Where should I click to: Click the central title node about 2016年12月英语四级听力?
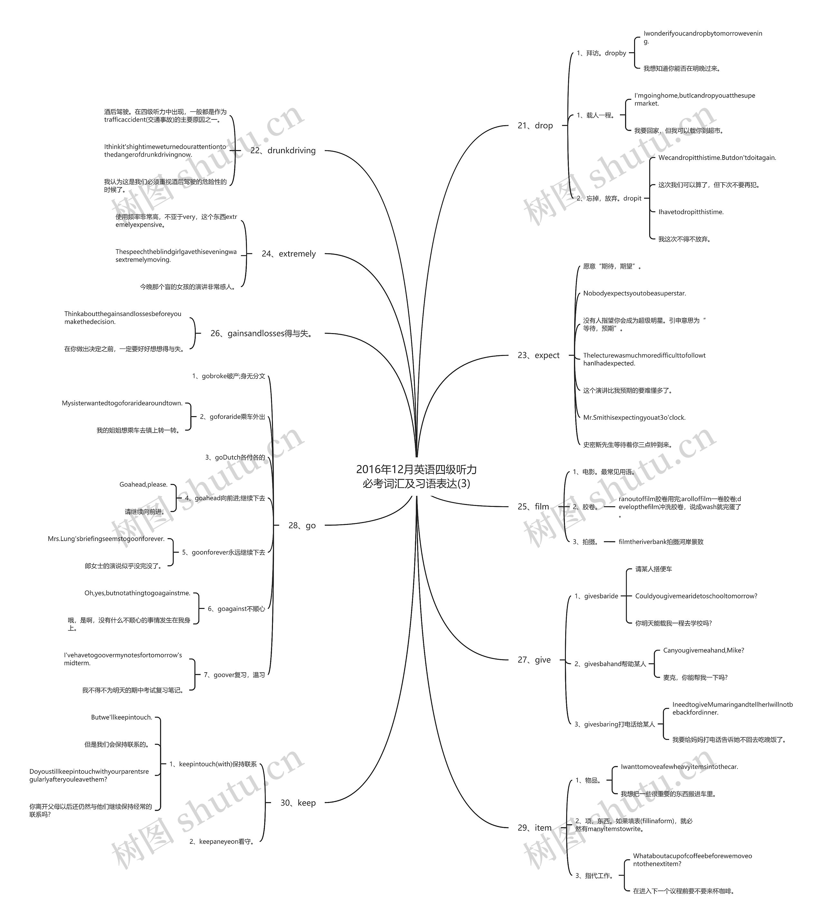[416, 476]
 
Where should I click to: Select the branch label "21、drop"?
[535, 126]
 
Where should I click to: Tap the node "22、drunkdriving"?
[283, 150]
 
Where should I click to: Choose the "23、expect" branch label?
[538, 355]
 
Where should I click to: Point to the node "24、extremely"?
[289, 254]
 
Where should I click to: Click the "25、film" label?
[533, 507]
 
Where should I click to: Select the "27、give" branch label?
[534, 660]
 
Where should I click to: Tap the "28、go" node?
[302, 525]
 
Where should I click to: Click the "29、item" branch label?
[535, 827]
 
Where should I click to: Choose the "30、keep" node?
[298, 803]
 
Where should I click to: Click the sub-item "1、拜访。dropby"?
[601, 53]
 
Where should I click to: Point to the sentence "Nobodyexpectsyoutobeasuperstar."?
[634, 294]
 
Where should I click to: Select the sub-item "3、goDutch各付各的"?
[235, 457]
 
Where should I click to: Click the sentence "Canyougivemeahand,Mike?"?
[704, 650]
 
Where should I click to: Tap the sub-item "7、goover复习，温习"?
[234, 675]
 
